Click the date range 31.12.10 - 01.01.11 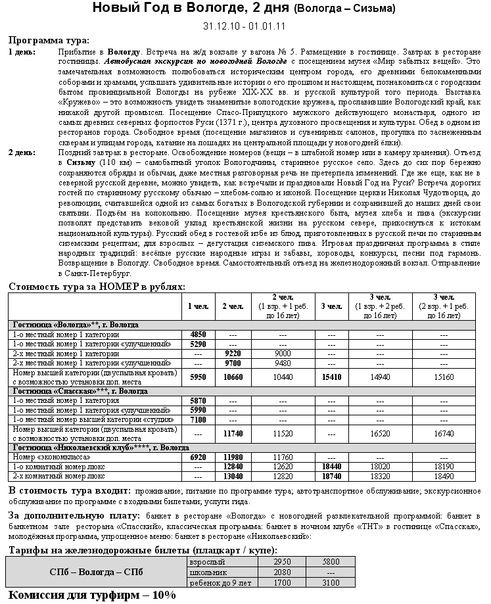[245, 27]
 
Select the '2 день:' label [22, 152]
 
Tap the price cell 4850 [198, 335]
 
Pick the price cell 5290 [198, 344]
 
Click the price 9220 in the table [233, 354]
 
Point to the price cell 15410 [331, 377]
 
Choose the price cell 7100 [198, 419]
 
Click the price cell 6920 [198, 457]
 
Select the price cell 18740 [331, 476]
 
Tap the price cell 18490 [444, 476]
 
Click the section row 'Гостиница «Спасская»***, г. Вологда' [80, 391]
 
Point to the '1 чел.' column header [198, 306]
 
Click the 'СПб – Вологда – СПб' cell [96, 572]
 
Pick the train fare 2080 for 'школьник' [282, 572]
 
